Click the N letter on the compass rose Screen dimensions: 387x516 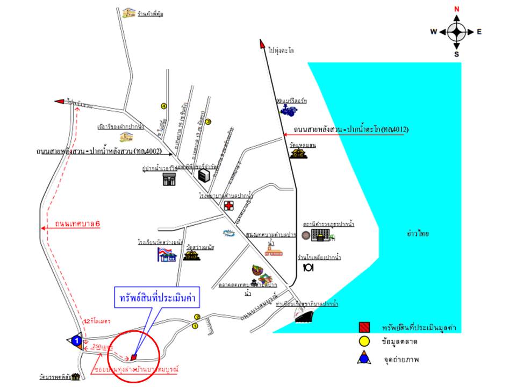click(457, 9)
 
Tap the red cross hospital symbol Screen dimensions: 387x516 click(229, 206)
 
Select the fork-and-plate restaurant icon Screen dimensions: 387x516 click(308, 267)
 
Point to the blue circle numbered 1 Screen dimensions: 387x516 click(77, 340)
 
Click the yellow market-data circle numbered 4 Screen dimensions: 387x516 click(164, 105)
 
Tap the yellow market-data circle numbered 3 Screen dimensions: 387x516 click(209, 122)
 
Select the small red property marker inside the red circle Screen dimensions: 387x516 click(134, 356)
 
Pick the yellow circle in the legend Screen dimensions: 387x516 click(365, 342)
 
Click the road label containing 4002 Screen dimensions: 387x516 click(94, 151)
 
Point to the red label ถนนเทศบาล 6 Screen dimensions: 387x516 click(78, 224)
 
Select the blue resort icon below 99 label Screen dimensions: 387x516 click(288, 111)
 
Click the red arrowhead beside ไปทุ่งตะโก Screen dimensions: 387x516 click(263, 44)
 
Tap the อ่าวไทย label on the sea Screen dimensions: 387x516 click(418, 234)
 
